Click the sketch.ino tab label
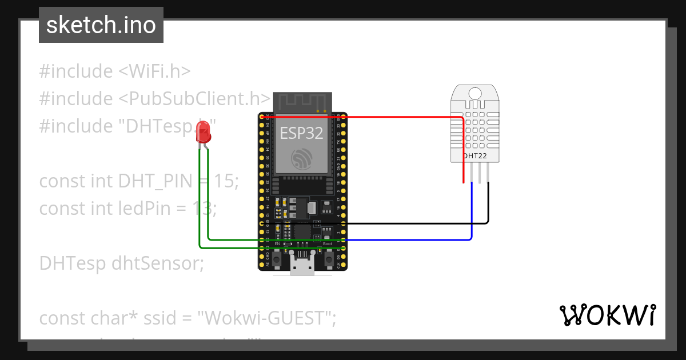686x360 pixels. (101, 26)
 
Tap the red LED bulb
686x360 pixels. (203, 134)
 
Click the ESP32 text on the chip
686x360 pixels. (301, 134)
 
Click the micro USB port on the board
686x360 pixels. (302, 266)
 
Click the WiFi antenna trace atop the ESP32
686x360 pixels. (302, 103)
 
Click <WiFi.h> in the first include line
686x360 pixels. (154, 71)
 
